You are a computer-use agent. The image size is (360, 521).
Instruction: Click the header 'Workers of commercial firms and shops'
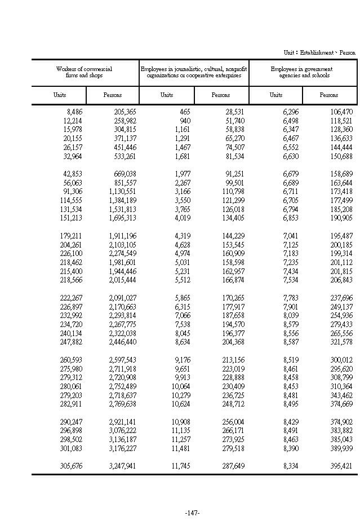coord(85,72)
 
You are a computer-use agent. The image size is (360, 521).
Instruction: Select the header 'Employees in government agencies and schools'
coord(304,72)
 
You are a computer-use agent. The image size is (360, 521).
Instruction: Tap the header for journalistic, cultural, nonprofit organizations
coord(194,72)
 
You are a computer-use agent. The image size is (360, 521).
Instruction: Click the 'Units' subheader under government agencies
coord(276,95)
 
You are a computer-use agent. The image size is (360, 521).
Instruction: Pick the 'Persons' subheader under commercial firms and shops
coord(113,95)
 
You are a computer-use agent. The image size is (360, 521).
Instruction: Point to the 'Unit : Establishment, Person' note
coord(319,52)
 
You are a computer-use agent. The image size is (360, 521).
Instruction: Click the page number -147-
coord(192,513)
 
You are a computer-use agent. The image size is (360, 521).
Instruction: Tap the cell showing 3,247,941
coord(122,466)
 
